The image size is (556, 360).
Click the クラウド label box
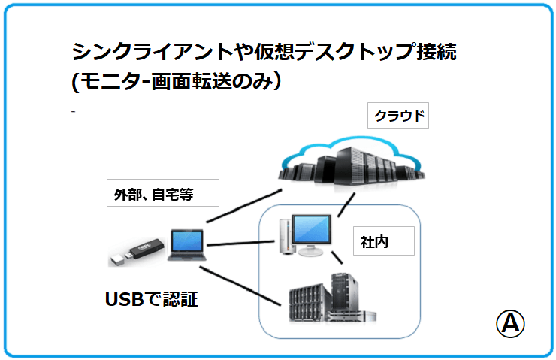(x=397, y=116)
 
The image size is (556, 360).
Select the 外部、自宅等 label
(x=162, y=193)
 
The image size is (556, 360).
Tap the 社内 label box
(x=382, y=242)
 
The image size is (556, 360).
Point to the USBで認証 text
(x=151, y=299)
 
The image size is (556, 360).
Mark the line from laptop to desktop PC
(x=237, y=244)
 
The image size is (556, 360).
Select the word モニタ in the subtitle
(x=103, y=80)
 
